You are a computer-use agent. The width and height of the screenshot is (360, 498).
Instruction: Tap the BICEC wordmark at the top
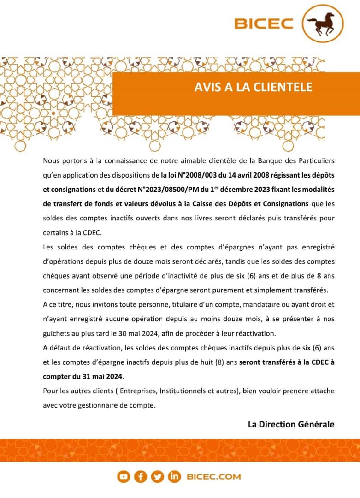264,24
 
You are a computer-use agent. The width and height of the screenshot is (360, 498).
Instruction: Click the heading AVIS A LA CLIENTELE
253,87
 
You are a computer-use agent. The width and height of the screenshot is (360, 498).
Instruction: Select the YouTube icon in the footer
124,477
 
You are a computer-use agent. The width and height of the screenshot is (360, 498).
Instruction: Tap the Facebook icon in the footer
140,477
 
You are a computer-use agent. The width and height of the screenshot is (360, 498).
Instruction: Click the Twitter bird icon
157,477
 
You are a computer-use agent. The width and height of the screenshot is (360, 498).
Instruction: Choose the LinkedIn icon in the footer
174,477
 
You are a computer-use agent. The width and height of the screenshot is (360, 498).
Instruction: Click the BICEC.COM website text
214,477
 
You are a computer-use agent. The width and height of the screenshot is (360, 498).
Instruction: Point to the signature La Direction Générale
291,424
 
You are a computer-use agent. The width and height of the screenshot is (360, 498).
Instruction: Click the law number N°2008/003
195,175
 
